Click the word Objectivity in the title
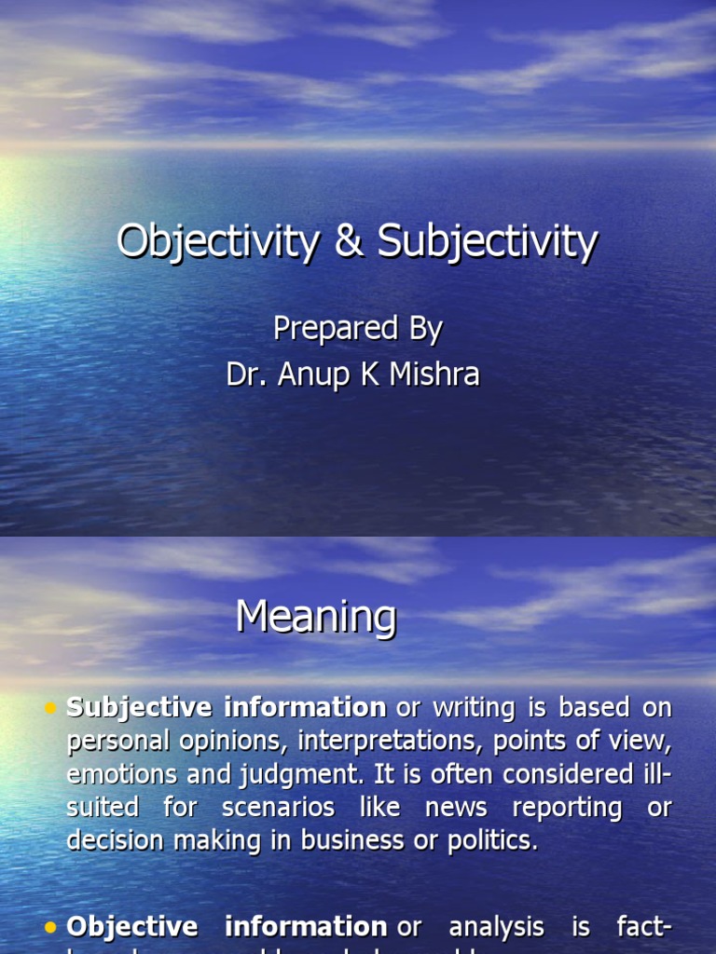[217, 242]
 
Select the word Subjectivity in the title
[487, 242]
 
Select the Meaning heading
[316, 617]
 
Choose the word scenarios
[278, 807]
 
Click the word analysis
[496, 927]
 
